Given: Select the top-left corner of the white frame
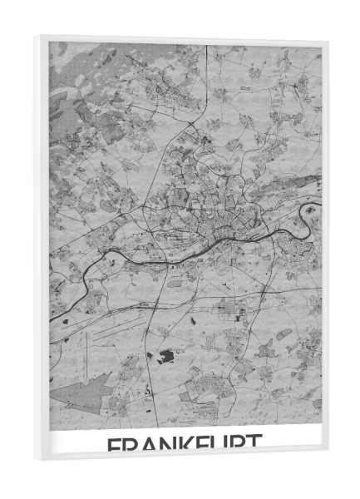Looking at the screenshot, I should point(38,34).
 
